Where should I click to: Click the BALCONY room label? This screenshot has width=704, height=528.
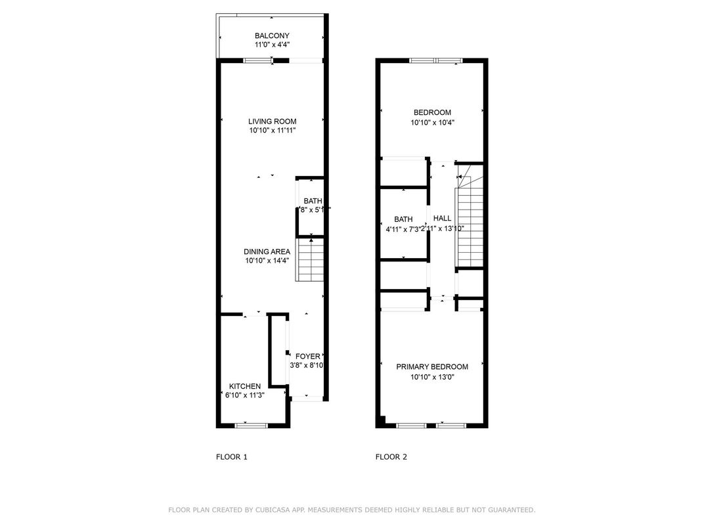click(x=272, y=36)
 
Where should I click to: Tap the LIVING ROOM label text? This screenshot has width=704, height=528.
click(x=272, y=121)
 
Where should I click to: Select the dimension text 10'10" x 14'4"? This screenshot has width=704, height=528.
click(x=267, y=261)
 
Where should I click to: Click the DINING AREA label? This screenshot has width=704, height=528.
click(x=267, y=252)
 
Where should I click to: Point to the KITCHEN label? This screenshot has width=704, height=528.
click(x=245, y=386)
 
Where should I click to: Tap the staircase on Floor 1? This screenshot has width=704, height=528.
click(x=310, y=260)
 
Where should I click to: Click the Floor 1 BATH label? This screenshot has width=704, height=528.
click(x=313, y=201)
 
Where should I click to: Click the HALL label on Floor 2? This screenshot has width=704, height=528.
click(x=442, y=218)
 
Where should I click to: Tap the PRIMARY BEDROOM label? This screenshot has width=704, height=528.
click(x=432, y=367)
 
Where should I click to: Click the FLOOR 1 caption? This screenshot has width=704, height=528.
click(x=232, y=457)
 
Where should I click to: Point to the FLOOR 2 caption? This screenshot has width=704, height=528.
click(x=391, y=457)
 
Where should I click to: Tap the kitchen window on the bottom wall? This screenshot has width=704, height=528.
click(x=251, y=426)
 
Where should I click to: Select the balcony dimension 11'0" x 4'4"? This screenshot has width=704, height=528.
click(x=272, y=45)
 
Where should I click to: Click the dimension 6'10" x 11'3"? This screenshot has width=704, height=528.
click(x=244, y=395)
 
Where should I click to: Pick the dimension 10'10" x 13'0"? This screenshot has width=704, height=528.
click(x=432, y=377)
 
